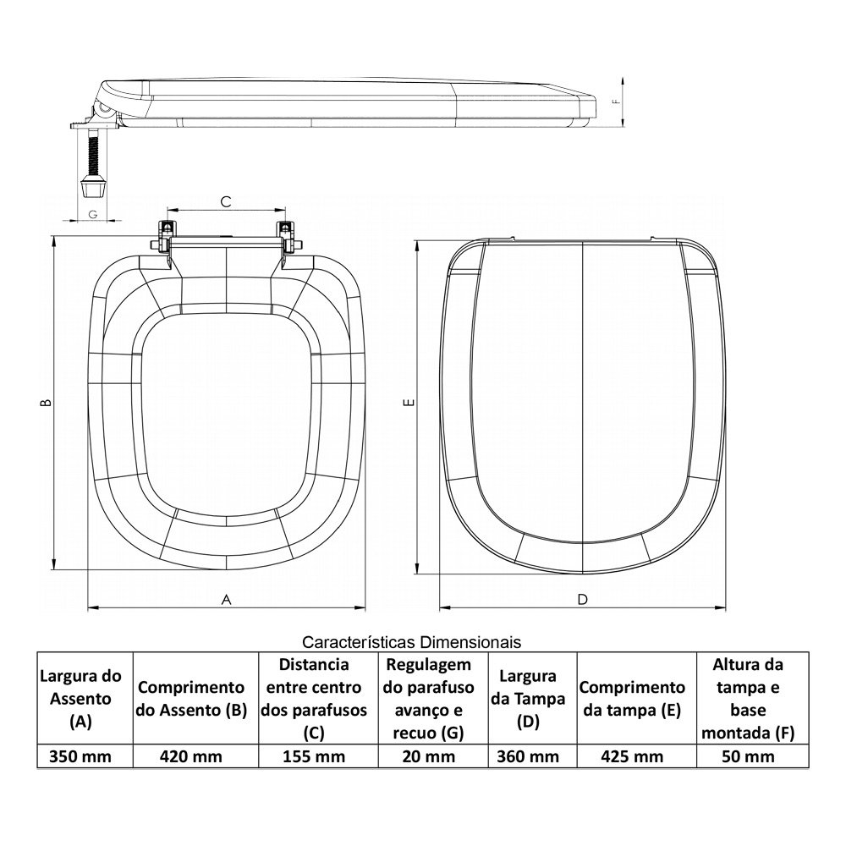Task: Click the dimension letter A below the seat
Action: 227,600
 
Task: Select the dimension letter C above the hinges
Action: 226,202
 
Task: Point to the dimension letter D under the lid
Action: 582,600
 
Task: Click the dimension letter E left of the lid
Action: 410,402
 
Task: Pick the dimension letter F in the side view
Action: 617,102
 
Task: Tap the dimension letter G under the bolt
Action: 93,215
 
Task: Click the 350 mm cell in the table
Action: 80,756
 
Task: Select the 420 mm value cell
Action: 191,756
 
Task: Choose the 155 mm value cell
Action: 314,756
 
